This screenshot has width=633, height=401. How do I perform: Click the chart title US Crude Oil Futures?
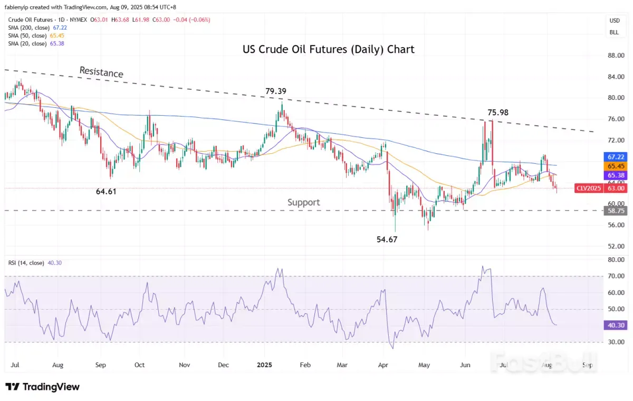(x=328, y=50)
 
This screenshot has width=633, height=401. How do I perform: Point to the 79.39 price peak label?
(x=276, y=91)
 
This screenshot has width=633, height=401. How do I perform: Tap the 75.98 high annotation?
(x=497, y=112)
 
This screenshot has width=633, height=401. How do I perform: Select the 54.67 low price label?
(x=387, y=239)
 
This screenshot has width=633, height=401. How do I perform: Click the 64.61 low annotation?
(x=106, y=192)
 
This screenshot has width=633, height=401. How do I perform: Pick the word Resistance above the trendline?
(x=101, y=72)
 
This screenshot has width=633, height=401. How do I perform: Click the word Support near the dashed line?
(x=303, y=202)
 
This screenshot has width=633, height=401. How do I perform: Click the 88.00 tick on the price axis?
(x=615, y=55)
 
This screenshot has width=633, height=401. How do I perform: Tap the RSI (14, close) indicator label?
(x=26, y=263)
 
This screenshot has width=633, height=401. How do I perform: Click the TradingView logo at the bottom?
(x=42, y=387)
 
